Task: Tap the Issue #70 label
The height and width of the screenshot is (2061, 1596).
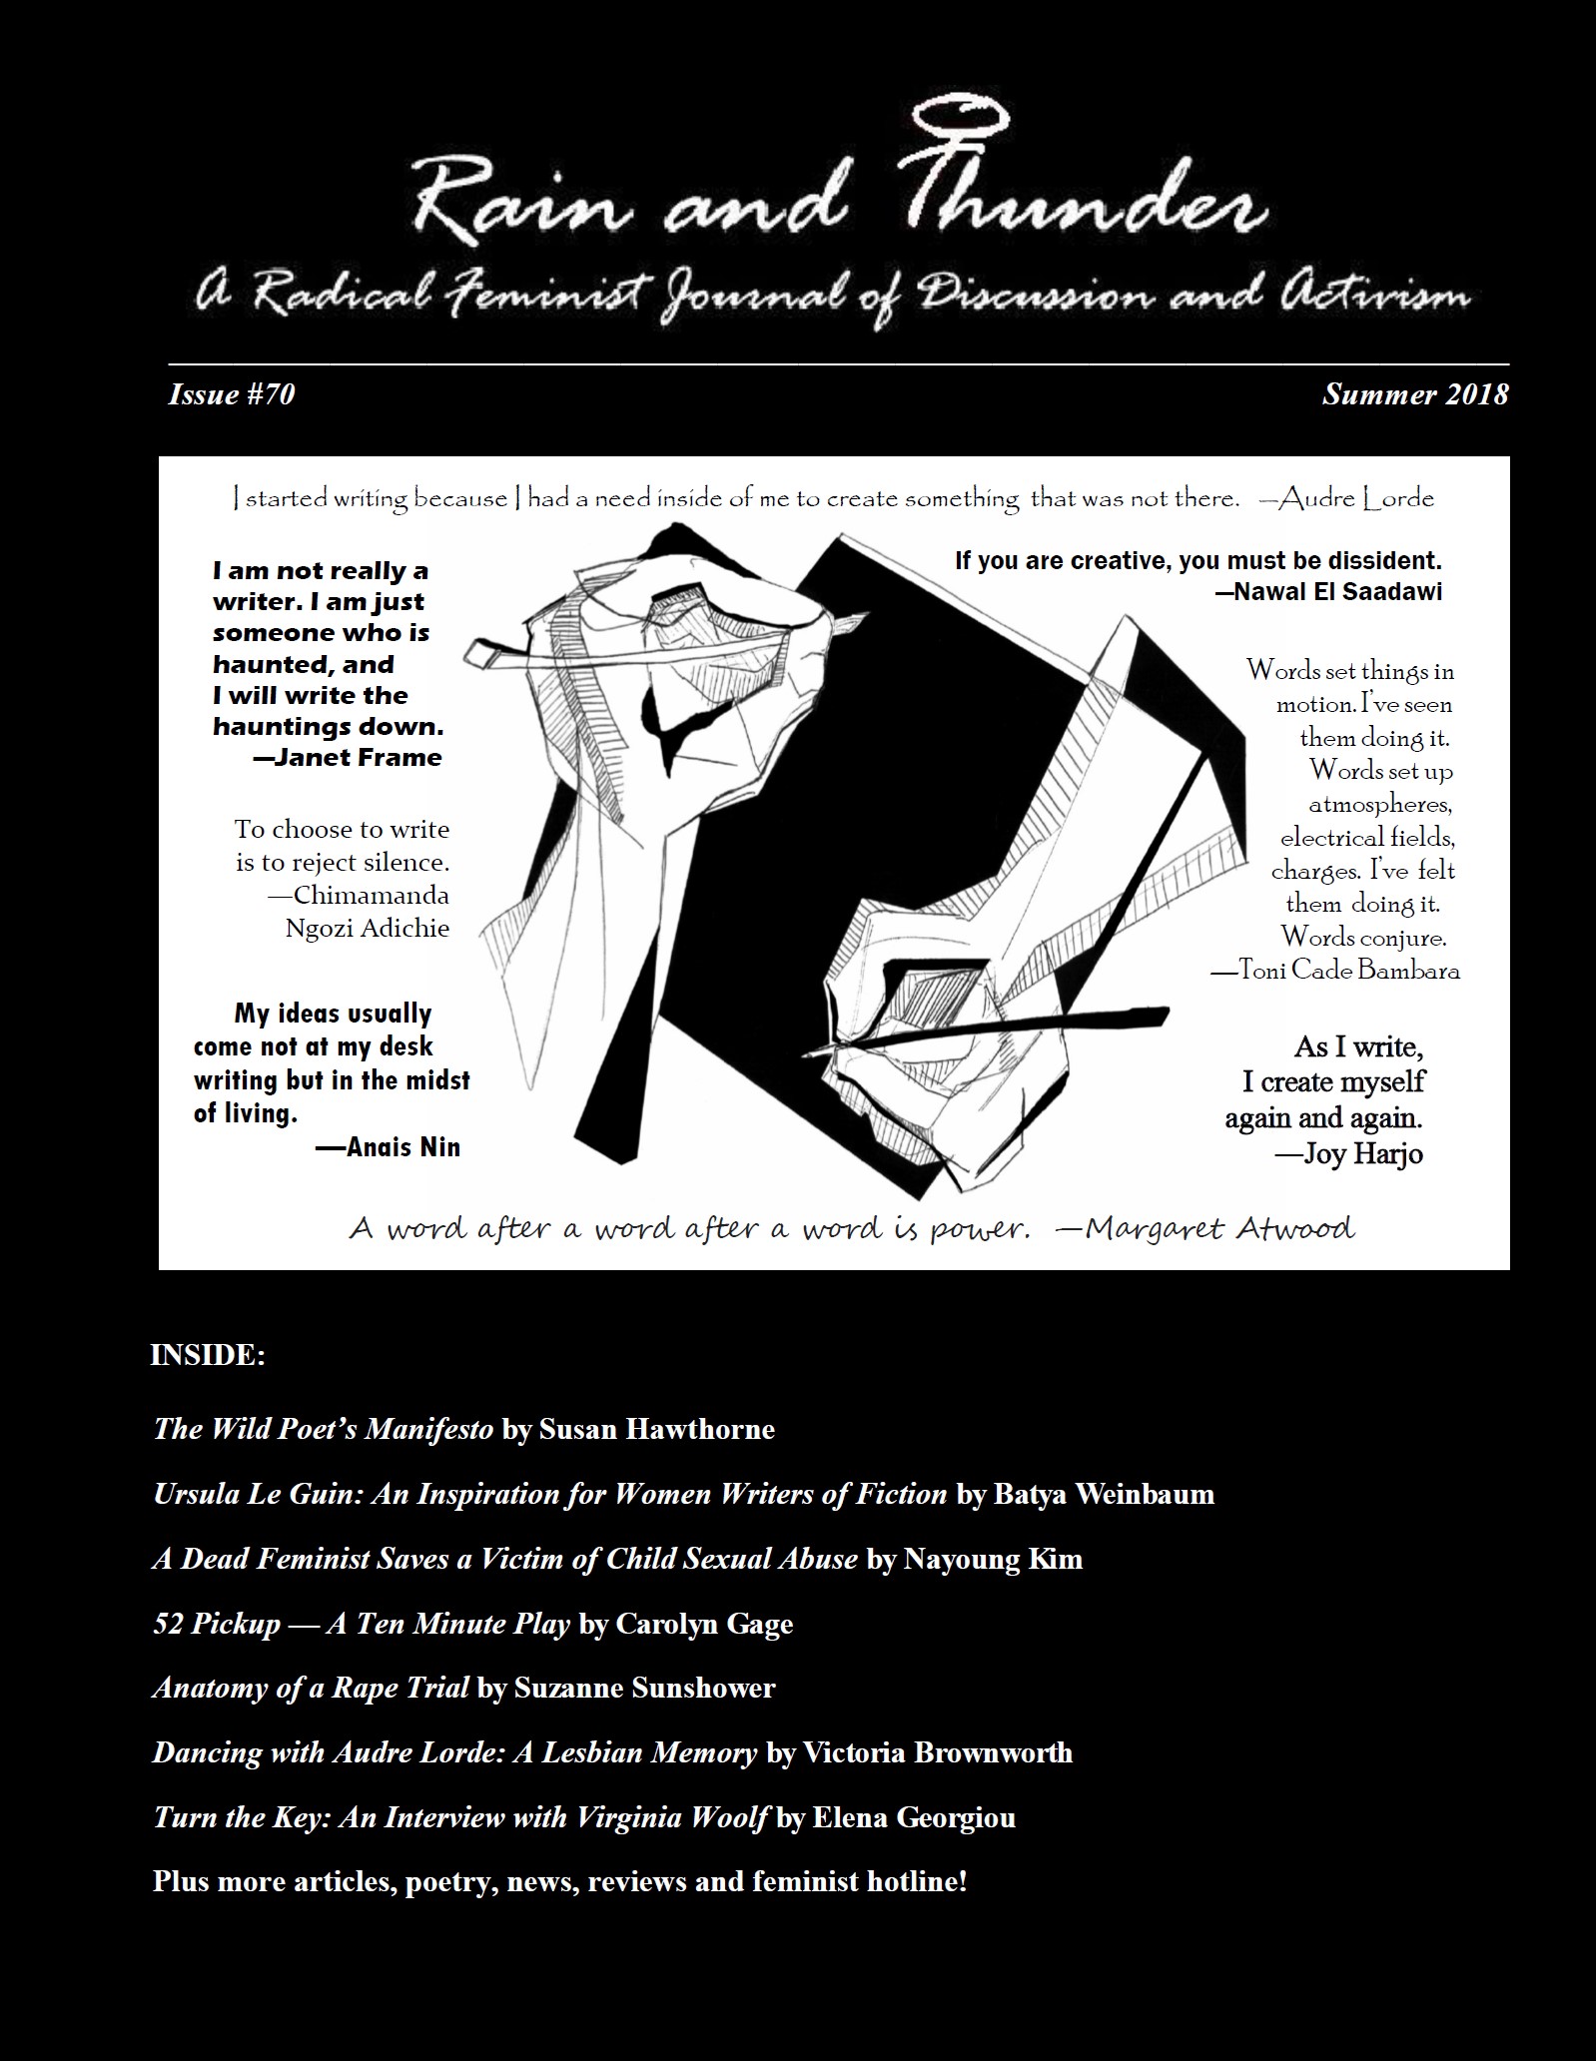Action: point(231,394)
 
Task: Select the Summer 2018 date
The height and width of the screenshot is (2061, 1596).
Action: point(1414,394)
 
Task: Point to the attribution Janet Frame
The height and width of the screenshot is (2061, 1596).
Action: point(358,757)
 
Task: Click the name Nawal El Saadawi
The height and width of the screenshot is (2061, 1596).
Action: point(1337,591)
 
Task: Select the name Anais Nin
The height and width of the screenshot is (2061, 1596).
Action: point(402,1146)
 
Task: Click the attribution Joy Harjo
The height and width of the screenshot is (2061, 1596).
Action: point(1362,1154)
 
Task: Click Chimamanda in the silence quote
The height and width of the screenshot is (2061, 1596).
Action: point(371,895)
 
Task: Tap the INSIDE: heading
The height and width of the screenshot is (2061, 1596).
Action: point(208,1355)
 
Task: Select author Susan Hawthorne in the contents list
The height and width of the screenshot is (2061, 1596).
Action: point(656,1429)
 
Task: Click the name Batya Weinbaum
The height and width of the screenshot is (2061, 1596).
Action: point(1104,1494)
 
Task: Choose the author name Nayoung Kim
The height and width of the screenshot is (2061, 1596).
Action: point(992,1559)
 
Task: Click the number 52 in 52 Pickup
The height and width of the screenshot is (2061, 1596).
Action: point(168,1624)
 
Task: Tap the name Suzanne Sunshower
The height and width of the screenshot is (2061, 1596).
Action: point(644,1688)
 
